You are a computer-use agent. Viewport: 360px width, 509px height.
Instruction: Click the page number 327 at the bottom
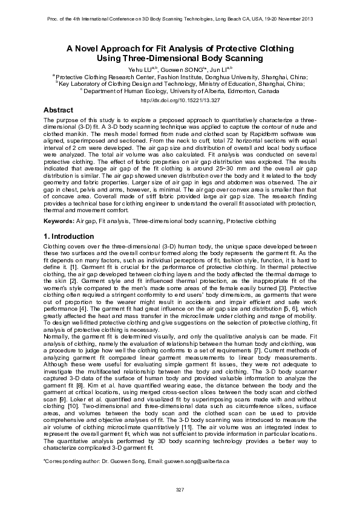180,488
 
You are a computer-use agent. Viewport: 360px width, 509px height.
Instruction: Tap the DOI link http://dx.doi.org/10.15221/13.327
179,100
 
